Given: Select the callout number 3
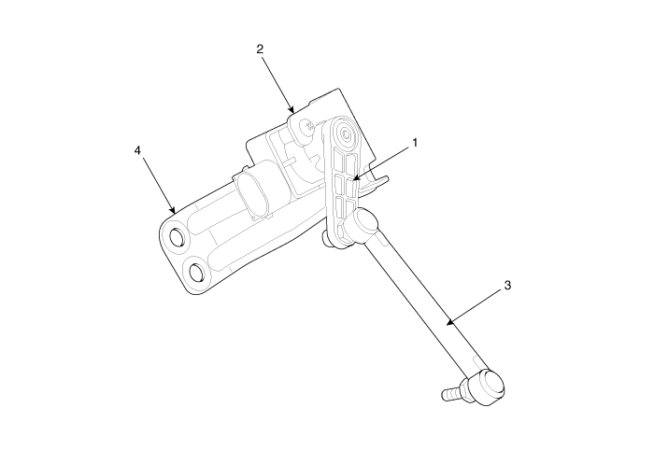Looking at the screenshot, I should [x=507, y=287].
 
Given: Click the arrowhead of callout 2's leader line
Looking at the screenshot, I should [x=293, y=112].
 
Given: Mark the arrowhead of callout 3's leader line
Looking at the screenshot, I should [x=447, y=324].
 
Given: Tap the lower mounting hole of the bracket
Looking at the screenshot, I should [x=197, y=273].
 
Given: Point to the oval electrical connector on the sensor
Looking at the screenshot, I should [x=253, y=194].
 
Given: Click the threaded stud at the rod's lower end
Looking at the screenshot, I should [x=451, y=392].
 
